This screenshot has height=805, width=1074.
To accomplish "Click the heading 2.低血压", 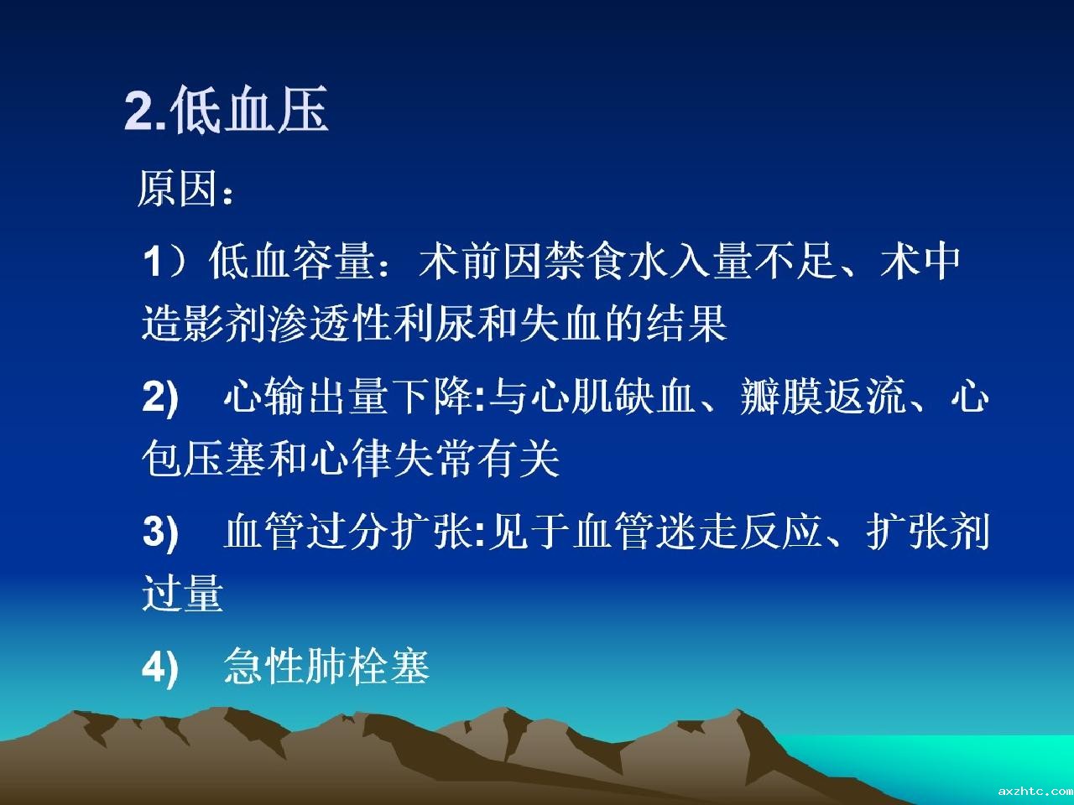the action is pos(226,109).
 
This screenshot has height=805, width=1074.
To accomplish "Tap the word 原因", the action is pos(178,189).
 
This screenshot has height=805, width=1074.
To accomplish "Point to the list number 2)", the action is pos(160,397).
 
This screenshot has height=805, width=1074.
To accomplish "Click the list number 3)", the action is pos(160,532).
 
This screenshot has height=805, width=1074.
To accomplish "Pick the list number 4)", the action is pos(160,667).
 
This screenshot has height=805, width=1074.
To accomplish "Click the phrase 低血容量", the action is pos(292,262).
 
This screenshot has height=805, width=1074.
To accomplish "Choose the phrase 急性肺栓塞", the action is pos(327,667).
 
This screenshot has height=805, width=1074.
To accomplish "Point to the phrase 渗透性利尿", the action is pos(370,323).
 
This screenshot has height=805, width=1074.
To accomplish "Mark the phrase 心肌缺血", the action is pos(613,397).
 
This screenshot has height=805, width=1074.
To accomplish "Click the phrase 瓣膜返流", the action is pos(823,397).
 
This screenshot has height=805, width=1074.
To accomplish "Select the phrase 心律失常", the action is pos(393,459).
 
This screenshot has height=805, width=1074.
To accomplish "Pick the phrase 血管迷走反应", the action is pos(698,532).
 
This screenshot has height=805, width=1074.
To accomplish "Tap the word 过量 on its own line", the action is pos(183,593).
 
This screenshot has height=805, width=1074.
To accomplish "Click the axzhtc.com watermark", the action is pos(1035,792).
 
